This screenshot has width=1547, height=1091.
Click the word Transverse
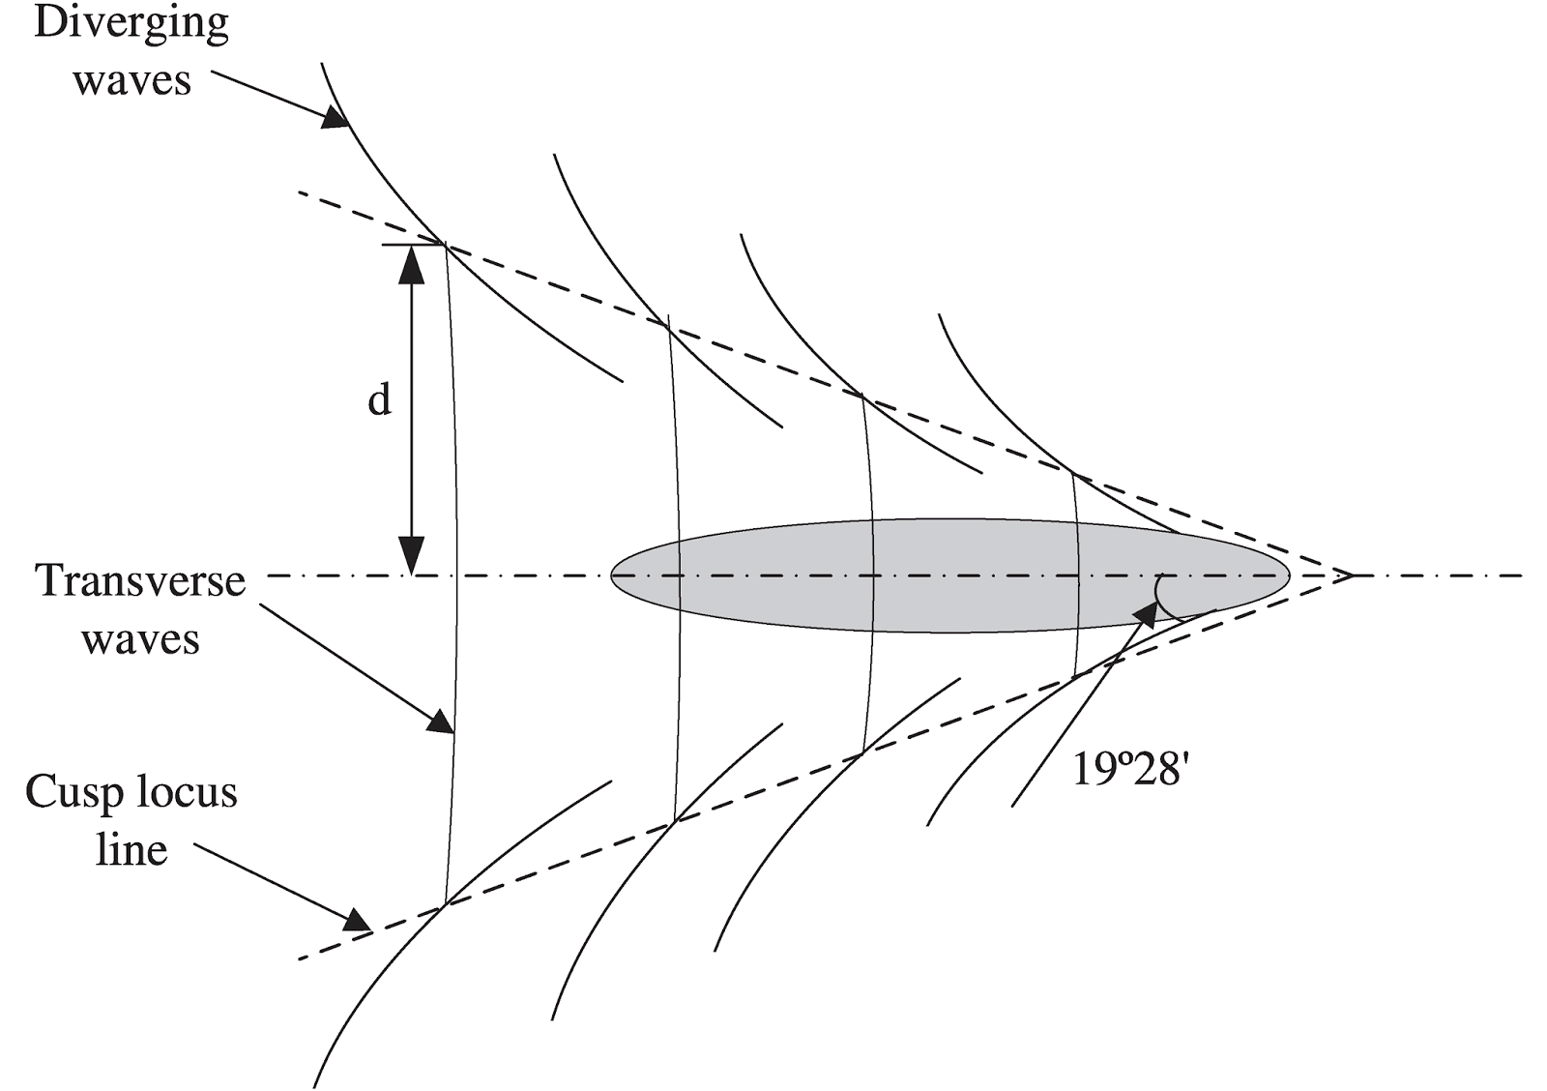point(140,581)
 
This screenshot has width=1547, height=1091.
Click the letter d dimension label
point(379,398)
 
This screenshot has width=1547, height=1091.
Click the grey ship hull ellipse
point(948,576)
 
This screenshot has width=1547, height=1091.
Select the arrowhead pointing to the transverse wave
point(442,722)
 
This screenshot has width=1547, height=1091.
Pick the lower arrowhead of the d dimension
point(412,559)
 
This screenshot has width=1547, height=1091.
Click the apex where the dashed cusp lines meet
point(1350,576)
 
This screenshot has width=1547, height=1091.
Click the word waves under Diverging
point(131,80)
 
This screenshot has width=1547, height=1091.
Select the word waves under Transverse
point(140,640)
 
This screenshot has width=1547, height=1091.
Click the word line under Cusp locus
point(132,850)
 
